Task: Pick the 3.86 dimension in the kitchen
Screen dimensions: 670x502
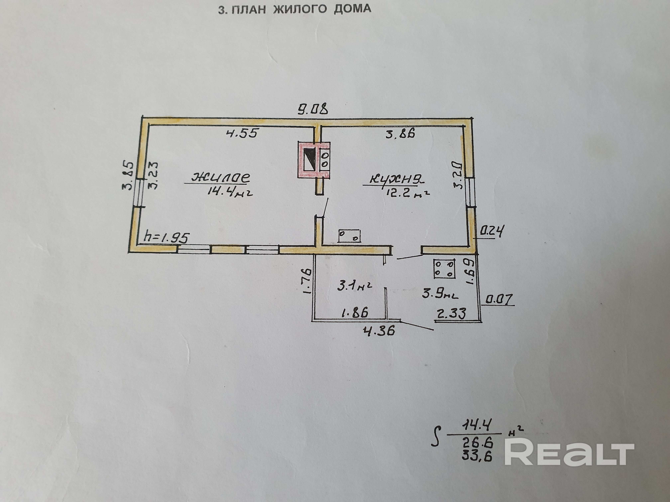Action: coord(400,133)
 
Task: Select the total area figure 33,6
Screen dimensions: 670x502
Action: coord(477,455)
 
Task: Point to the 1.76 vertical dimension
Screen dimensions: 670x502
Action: coord(307,281)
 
